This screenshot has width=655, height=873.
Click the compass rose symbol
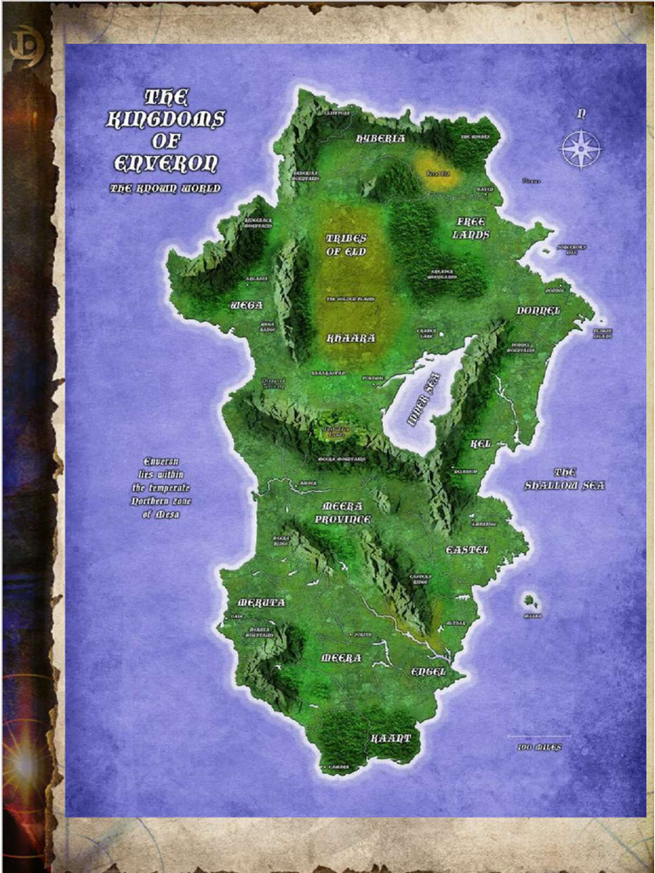(580, 149)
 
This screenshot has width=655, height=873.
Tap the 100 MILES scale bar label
(539, 748)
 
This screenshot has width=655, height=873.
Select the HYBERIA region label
(380, 138)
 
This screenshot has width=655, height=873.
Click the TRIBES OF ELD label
(346, 245)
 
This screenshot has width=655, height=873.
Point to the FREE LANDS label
(471, 228)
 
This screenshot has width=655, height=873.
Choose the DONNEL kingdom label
(538, 310)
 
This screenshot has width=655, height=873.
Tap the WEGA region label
(246, 304)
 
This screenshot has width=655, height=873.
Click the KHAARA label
(351, 338)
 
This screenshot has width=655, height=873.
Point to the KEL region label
(481, 444)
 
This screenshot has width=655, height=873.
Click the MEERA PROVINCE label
(343, 512)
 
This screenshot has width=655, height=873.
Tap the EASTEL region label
(467, 550)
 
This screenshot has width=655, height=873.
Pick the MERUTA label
(261, 602)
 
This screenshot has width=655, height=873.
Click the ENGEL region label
(428, 672)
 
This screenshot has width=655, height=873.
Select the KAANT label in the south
(391, 737)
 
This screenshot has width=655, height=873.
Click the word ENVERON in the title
(166, 163)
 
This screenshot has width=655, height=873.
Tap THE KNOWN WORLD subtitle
(165, 188)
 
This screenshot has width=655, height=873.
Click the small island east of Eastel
(530, 601)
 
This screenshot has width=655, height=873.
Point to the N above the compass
(581, 113)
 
